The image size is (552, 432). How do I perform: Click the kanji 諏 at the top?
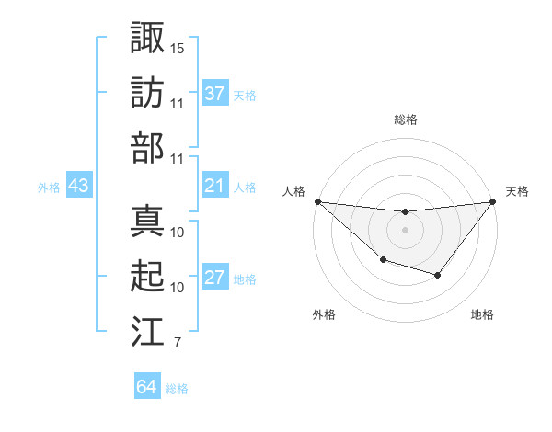click(x=148, y=38)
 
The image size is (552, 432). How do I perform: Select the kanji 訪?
click(x=148, y=93)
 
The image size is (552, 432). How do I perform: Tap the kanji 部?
click(x=148, y=147)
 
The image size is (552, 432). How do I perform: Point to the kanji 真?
click(x=148, y=221)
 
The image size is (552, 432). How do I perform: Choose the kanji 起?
click(x=148, y=276)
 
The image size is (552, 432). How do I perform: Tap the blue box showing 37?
click(x=215, y=94)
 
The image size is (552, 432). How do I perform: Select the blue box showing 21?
click(x=215, y=186)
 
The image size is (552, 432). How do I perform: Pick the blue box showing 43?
click(x=79, y=186)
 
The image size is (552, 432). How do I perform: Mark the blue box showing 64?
click(x=147, y=387)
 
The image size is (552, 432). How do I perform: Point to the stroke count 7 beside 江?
click(x=177, y=345)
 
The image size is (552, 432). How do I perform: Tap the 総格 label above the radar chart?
click(x=406, y=119)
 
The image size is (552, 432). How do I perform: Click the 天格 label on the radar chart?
click(x=518, y=191)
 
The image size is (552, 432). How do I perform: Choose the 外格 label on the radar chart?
click(x=324, y=314)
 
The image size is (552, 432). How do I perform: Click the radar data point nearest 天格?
click(x=493, y=202)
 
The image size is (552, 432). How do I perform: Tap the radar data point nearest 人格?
click(x=317, y=201)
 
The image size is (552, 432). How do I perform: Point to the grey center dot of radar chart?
click(x=405, y=230)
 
